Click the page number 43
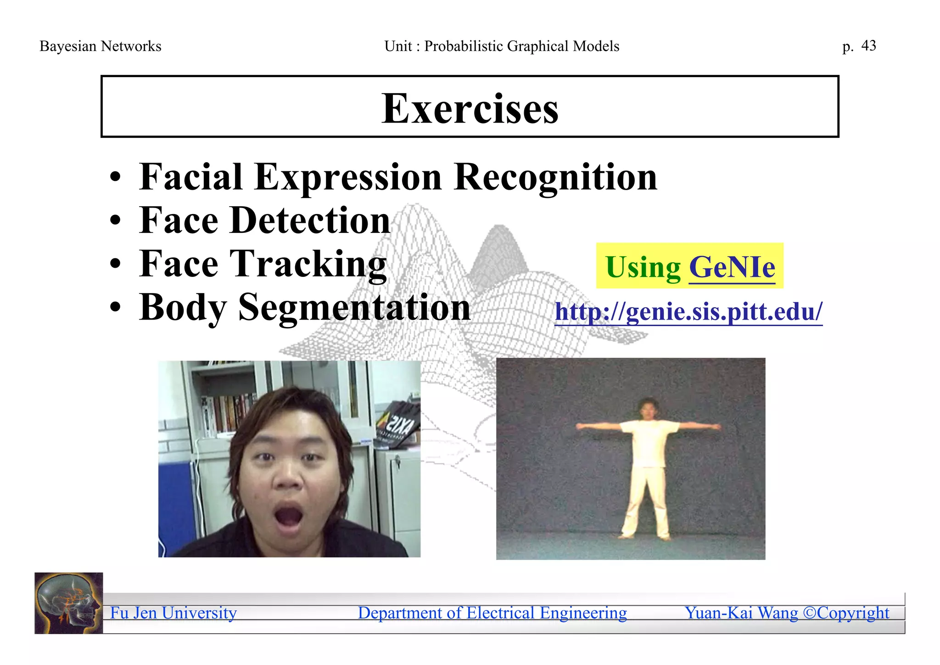(x=868, y=45)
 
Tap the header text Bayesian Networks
(x=101, y=46)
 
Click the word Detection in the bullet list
(x=310, y=220)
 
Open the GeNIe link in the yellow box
(x=732, y=267)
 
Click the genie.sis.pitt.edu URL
(x=688, y=312)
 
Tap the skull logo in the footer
(x=68, y=603)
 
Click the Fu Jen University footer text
(x=173, y=613)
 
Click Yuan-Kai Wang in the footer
(x=741, y=613)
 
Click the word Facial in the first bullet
(x=190, y=177)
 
